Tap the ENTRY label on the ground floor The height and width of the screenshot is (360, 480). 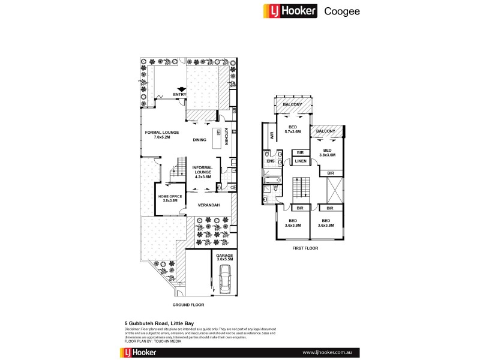pyautogui.click(x=179, y=95)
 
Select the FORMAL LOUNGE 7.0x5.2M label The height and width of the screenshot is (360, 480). pyautogui.click(x=158, y=135)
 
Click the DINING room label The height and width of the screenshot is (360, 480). pyautogui.click(x=200, y=140)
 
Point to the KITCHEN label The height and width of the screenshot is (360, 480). pyautogui.click(x=226, y=137)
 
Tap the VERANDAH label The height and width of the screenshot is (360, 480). pyautogui.click(x=206, y=205)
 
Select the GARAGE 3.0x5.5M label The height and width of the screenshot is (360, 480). pyautogui.click(x=224, y=257)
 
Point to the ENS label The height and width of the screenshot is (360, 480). pyautogui.click(x=270, y=161)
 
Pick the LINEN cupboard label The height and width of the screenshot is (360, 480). pyautogui.click(x=301, y=161)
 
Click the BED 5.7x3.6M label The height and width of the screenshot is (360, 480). pyautogui.click(x=293, y=130)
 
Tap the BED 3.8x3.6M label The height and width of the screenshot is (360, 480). pyautogui.click(x=328, y=152)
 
